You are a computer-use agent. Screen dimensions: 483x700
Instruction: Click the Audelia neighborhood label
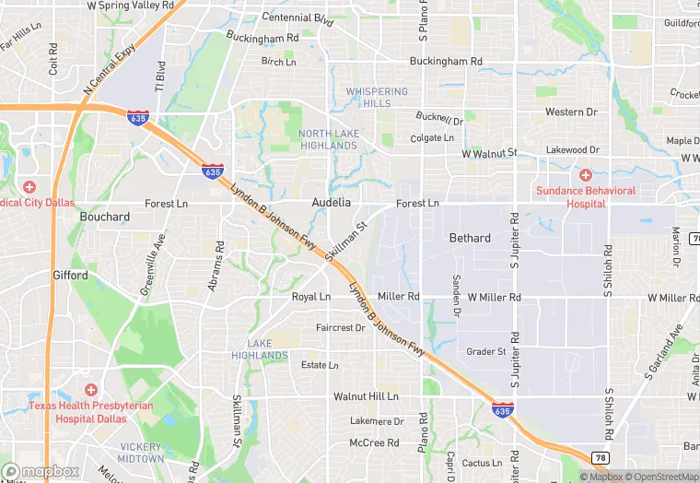[332, 202]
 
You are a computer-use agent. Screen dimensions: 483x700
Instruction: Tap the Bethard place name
[470, 238]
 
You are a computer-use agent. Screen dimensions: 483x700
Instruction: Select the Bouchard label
[105, 217]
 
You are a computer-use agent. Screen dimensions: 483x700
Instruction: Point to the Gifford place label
[70, 275]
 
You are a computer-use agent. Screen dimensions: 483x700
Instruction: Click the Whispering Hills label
[377, 98]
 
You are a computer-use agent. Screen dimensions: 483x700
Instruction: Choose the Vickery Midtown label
[140, 453]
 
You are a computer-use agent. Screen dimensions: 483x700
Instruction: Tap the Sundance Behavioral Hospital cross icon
[585, 175]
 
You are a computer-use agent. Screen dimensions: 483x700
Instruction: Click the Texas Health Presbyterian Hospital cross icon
[90, 391]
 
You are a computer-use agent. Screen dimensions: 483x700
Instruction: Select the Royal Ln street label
[310, 297]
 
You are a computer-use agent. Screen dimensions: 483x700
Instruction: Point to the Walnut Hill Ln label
[366, 396]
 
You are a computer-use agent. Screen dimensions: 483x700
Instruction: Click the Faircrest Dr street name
[341, 327]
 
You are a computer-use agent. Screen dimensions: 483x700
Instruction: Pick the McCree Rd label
[374, 442]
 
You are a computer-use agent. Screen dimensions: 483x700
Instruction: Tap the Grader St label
[486, 351]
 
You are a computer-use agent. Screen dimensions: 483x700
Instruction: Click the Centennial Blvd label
[297, 18]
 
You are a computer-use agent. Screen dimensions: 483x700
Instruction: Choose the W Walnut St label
[490, 152]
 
